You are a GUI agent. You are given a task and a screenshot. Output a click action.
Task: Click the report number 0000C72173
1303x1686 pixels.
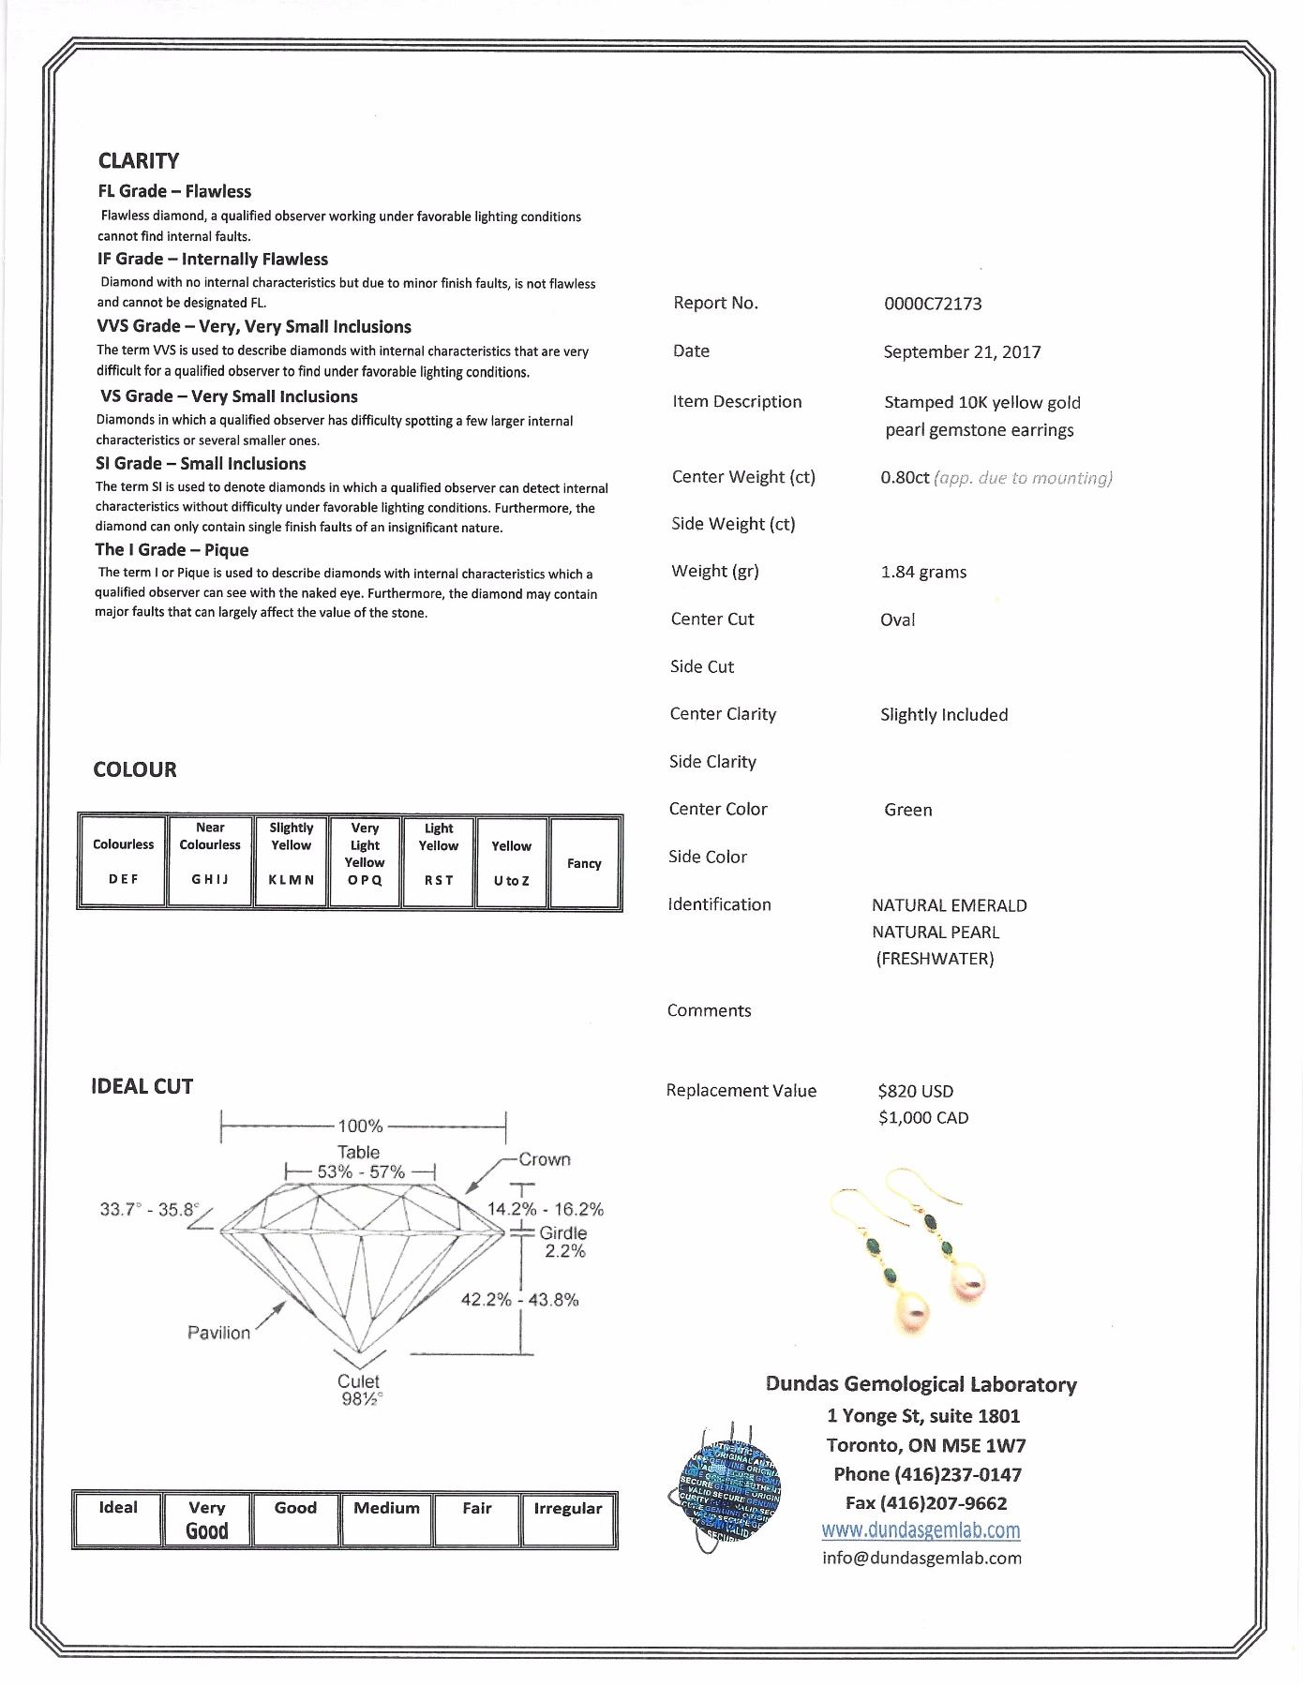click(x=932, y=304)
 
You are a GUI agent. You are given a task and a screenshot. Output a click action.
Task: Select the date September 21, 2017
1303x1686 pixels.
click(x=961, y=352)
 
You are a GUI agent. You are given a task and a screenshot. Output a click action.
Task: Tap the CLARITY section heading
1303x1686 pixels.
click(x=139, y=161)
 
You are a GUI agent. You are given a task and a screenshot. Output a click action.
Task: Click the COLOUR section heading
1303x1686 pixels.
click(x=135, y=769)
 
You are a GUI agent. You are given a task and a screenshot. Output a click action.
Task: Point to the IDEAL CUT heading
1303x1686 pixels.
click(x=142, y=1086)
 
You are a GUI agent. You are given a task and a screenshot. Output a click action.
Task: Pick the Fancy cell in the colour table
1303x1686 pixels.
click(x=584, y=863)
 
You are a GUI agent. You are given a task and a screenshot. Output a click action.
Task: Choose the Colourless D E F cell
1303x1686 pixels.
click(x=123, y=862)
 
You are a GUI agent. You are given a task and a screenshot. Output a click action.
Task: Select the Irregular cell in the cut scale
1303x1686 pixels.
click(x=567, y=1518)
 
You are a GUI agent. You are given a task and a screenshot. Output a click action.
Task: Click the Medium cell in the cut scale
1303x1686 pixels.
click(x=386, y=1518)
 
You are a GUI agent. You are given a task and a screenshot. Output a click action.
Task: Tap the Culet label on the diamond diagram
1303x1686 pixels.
click(x=358, y=1381)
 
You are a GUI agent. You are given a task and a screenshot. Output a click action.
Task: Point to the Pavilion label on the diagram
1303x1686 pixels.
click(x=218, y=1333)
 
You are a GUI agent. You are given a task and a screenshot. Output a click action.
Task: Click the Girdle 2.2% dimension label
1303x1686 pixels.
click(x=563, y=1242)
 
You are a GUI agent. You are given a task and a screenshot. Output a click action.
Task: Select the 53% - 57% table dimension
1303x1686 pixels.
click(x=361, y=1171)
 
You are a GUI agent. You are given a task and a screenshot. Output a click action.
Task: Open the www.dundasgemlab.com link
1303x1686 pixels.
click(x=921, y=1530)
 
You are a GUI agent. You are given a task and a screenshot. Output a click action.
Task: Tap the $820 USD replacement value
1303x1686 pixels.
click(x=915, y=1091)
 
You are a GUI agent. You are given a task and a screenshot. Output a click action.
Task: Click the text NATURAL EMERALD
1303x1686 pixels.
click(x=949, y=905)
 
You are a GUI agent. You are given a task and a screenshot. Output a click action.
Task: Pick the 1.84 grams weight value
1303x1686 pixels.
click(x=923, y=572)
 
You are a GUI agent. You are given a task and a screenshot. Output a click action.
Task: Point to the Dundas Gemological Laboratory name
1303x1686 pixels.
click(x=921, y=1384)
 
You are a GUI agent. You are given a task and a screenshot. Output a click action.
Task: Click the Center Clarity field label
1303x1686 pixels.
click(x=723, y=714)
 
